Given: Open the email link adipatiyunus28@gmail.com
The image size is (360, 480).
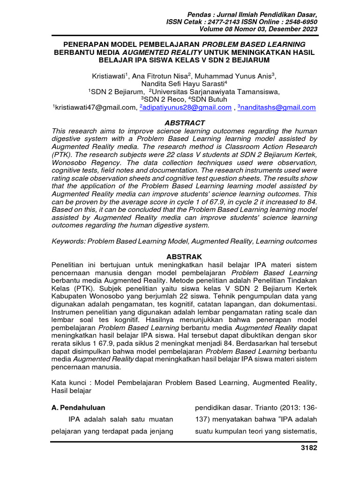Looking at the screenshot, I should pyautogui.click(x=186, y=107).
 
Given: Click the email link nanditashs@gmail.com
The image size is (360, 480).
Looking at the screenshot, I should pyautogui.click(x=277, y=107).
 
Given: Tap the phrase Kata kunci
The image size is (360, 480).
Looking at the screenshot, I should pyautogui.click(x=68, y=382).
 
